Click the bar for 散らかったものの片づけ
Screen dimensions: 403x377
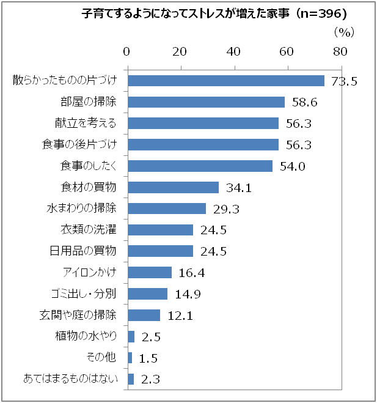coord(226,81)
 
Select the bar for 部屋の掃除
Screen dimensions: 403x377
coord(207,102)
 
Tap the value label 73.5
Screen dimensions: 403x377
coord(344,81)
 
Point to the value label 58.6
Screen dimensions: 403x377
coord(304,102)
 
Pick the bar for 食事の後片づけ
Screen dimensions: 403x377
coord(203,145)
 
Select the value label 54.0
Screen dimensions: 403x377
coord(292,166)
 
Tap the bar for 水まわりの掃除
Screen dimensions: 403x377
coord(167,209)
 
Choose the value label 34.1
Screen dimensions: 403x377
coord(239,188)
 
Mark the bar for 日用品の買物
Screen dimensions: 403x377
coord(161,251)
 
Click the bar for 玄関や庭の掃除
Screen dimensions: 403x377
coord(144,315)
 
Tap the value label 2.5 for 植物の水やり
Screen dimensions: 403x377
coord(150,337)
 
